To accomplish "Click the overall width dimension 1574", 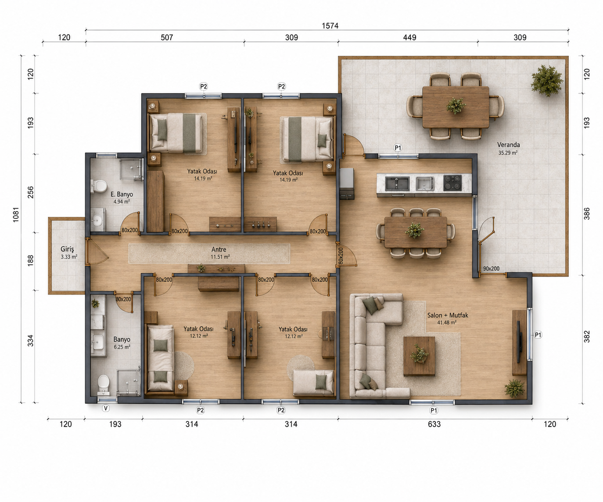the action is coord(330,26).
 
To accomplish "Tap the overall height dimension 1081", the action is coord(16,215).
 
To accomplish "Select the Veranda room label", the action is coord(508,145).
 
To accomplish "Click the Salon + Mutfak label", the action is coord(448,315).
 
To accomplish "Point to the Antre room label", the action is coord(219,249).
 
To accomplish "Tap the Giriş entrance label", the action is coord(67,249).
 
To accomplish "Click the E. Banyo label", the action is coord(122,195).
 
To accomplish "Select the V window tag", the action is coord(106,408).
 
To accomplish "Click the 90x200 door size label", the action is coord(491,269).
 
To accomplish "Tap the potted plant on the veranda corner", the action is coord(547,81).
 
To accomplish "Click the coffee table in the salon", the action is coord(419,356).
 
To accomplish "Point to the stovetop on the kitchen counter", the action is coord(452,183).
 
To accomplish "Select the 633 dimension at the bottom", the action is coord(434,424).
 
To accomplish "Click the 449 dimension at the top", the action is coord(409,38).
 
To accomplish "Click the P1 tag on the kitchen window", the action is coord(398,148).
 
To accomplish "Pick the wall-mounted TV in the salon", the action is coord(519,342).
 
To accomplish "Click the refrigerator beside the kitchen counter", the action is coord(347,184).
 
